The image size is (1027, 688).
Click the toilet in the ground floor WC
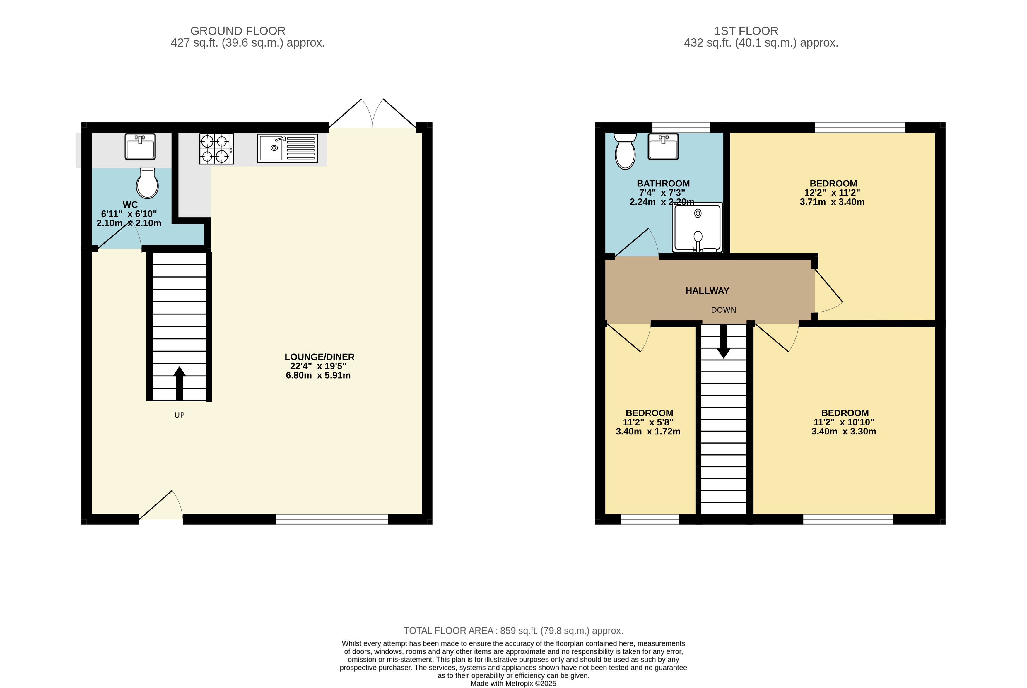(147, 183)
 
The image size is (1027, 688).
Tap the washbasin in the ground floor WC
(140, 147)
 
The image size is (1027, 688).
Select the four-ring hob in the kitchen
(216, 149)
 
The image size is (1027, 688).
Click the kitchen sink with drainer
(287, 148)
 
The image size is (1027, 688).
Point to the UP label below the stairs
(180, 415)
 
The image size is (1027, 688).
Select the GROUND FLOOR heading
(238, 31)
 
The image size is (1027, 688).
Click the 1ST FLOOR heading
(746, 31)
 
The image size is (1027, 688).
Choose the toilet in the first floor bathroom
(625, 151)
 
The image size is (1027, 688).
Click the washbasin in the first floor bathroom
(663, 147)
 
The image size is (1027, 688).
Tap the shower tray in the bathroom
(697, 227)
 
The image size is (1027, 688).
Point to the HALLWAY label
(708, 291)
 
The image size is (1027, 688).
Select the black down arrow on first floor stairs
(723, 341)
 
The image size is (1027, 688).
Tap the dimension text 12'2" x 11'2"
(832, 193)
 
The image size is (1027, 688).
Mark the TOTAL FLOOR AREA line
(514, 631)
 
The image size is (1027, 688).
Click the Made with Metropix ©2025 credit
(514, 684)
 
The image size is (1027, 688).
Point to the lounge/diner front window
(332, 519)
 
